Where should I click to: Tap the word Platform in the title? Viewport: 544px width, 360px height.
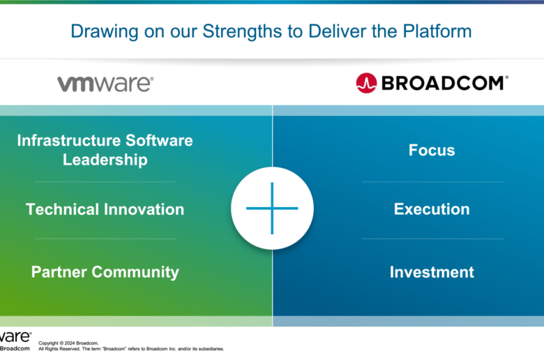click(x=437, y=31)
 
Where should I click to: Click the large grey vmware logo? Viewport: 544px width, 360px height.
click(x=105, y=84)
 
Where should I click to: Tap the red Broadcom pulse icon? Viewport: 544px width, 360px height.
click(x=366, y=83)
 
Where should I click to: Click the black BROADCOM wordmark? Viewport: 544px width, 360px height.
click(x=445, y=83)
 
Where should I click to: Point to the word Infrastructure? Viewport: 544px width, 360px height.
click(x=69, y=141)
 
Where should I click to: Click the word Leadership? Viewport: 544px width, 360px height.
click(x=105, y=160)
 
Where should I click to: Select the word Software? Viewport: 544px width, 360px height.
click(x=159, y=141)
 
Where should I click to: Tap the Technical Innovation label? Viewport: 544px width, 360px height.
click(x=105, y=209)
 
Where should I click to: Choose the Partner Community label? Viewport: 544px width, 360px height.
click(x=105, y=272)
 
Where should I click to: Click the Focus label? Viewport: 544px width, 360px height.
click(x=432, y=150)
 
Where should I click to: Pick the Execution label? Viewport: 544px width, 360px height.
click(x=432, y=209)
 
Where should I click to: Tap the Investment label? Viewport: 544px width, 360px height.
click(x=432, y=272)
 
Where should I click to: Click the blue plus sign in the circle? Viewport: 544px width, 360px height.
click(x=272, y=209)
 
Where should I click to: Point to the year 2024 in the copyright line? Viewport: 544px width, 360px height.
click(x=69, y=343)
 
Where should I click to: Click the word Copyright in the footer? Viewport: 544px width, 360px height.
click(x=48, y=343)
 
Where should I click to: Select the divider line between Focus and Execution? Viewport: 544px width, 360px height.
click(x=432, y=181)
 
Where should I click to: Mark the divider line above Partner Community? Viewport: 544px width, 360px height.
click(x=105, y=239)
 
